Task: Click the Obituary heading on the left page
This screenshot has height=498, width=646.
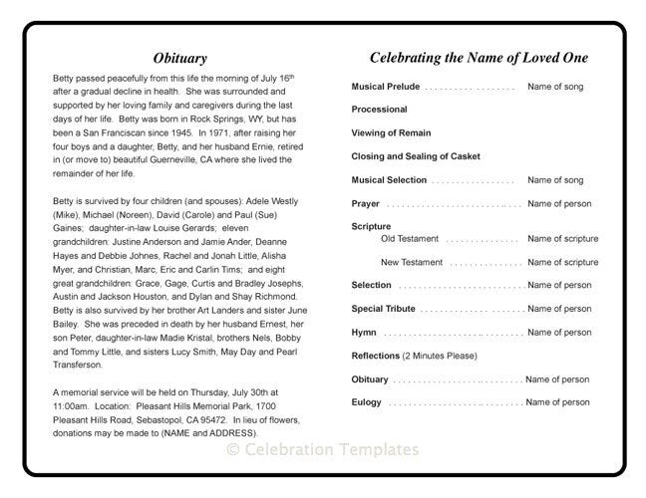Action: pyautogui.click(x=180, y=59)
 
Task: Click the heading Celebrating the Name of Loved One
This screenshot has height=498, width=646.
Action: pyautogui.click(x=479, y=59)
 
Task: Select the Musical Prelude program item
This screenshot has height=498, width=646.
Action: pyautogui.click(x=386, y=88)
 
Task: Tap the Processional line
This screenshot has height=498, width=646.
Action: pyautogui.click(x=379, y=110)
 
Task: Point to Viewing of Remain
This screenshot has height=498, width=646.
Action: pyautogui.click(x=392, y=133)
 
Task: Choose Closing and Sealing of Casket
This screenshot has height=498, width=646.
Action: pyautogui.click(x=415, y=157)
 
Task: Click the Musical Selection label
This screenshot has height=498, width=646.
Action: pyautogui.click(x=389, y=180)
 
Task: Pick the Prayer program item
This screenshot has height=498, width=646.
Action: pyautogui.click(x=365, y=204)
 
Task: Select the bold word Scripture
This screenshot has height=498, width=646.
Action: pyautogui.click(x=371, y=227)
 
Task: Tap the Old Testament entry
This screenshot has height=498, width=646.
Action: pyautogui.click(x=411, y=239)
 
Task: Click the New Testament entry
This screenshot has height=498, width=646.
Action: pyautogui.click(x=412, y=263)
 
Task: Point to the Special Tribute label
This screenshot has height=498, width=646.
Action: pyautogui.click(x=383, y=310)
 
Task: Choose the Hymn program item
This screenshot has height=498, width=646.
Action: pyautogui.click(x=363, y=333)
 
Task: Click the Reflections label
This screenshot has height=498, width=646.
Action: pyautogui.click(x=375, y=356)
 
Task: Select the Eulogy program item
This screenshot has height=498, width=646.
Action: pyautogui.click(x=366, y=402)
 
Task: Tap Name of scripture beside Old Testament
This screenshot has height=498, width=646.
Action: pyautogui.click(x=562, y=239)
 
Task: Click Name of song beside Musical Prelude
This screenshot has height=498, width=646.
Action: pyautogui.click(x=555, y=88)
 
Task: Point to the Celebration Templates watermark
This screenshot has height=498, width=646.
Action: pyautogui.click(x=323, y=450)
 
